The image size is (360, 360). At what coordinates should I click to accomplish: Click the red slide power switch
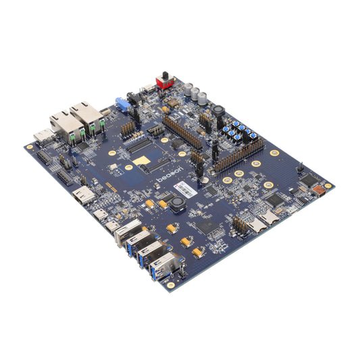point(163,80)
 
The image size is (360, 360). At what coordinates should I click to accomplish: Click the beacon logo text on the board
point(166,176)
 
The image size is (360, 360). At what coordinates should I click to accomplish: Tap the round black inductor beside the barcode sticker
point(178,203)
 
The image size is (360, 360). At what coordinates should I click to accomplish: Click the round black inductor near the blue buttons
point(219,111)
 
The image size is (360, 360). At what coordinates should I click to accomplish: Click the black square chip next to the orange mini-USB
point(308,180)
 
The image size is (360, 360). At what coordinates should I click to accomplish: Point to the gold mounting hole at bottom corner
point(171,286)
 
